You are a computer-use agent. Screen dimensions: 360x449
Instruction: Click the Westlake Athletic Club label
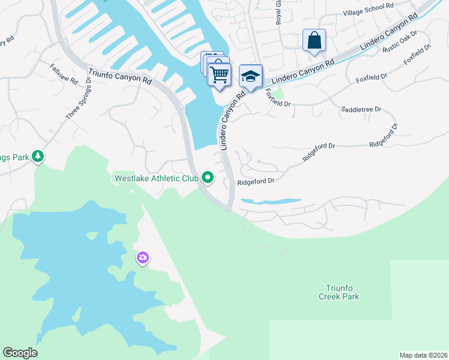click(156, 178)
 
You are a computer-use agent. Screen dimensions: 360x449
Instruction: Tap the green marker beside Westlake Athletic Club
click(208, 177)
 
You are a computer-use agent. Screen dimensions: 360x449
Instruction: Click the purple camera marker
click(142, 258)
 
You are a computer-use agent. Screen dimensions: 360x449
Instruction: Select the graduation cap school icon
click(251, 76)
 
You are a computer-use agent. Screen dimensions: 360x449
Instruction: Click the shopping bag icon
click(314, 41)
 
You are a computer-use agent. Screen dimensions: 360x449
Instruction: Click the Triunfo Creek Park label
click(338, 292)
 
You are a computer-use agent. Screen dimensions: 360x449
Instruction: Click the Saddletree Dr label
click(361, 109)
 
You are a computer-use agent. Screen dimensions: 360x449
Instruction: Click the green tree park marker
click(38, 156)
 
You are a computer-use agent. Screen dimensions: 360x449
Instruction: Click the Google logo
click(20, 353)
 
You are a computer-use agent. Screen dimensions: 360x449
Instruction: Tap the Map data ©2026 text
click(423, 355)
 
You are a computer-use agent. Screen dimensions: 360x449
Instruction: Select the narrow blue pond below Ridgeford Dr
click(270, 201)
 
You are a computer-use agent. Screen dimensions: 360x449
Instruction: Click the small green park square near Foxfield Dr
click(278, 91)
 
